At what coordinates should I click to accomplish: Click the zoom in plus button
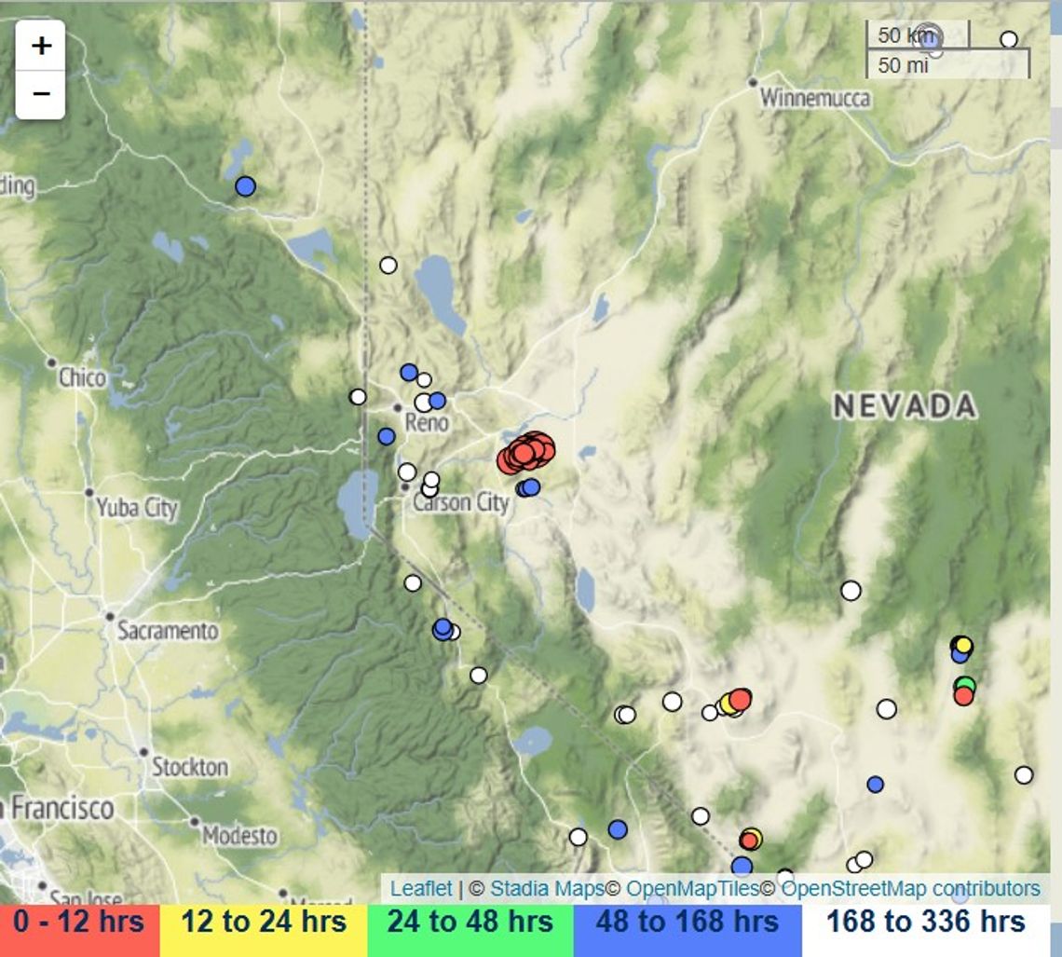pos(41,46)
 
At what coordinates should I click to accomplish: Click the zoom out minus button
pos(41,94)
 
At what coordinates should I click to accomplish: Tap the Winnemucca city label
pos(814,98)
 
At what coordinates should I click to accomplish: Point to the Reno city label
pos(427,422)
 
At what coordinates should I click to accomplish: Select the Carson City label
pos(460,503)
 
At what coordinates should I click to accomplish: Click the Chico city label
pos(82,377)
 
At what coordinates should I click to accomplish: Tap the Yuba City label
pos(136,508)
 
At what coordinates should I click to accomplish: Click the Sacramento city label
pos(167,631)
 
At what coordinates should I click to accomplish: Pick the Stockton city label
pos(189,767)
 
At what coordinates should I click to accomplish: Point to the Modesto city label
pos(239,835)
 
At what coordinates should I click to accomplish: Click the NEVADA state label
pos(905,405)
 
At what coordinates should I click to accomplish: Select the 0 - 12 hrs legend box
pos(79,923)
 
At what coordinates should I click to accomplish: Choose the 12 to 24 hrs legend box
pos(264,923)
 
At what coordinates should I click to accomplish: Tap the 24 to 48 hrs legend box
pos(470,923)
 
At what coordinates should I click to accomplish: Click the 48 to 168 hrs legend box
pos(688,923)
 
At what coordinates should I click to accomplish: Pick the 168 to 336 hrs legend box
pos(925,923)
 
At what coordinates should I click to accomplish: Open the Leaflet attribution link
pos(421,888)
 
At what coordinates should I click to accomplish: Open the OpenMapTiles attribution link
pos(692,888)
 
